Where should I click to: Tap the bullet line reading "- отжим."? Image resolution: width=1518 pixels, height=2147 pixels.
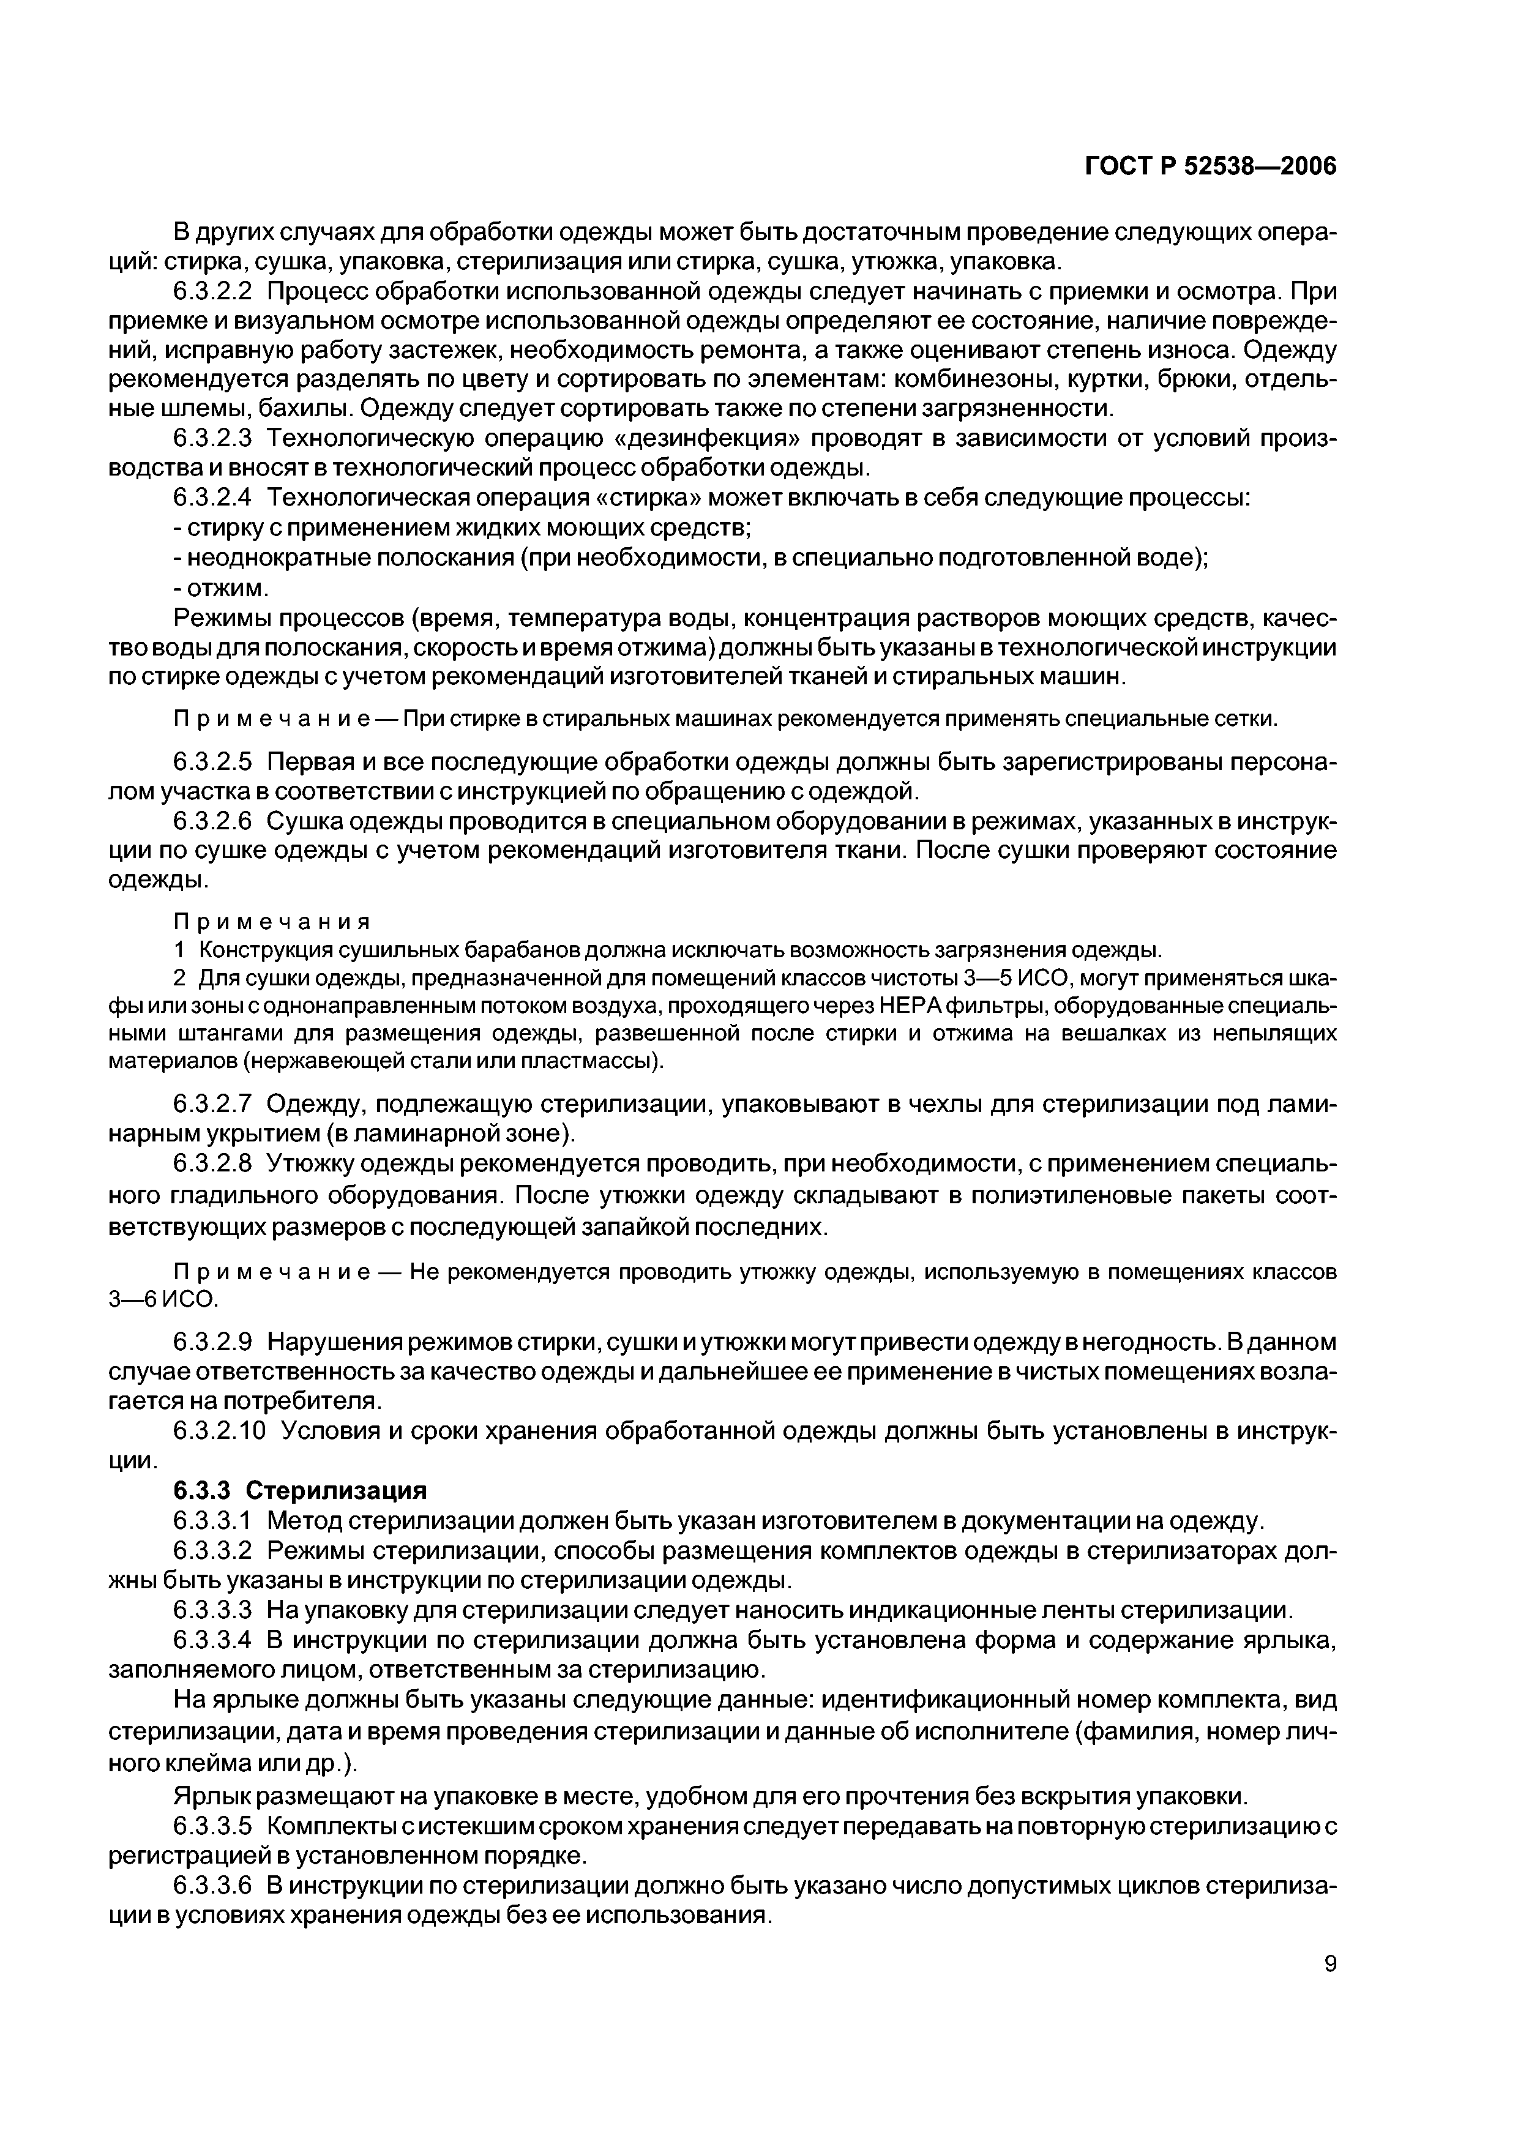tap(223, 588)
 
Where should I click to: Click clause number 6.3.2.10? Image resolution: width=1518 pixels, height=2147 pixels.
tap(221, 1432)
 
